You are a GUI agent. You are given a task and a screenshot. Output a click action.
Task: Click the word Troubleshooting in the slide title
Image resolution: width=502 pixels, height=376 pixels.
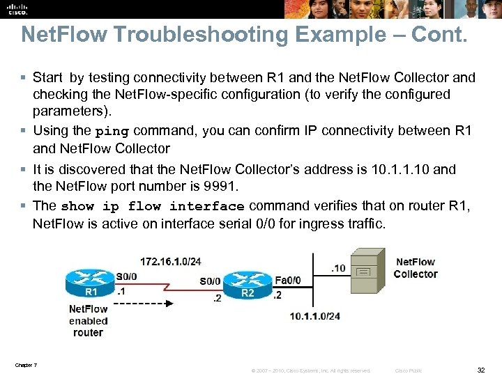[172, 34]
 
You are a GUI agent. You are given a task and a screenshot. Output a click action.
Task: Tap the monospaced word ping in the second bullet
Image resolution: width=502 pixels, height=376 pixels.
[112, 132]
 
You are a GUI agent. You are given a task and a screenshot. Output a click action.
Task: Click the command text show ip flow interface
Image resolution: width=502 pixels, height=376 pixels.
[153, 207]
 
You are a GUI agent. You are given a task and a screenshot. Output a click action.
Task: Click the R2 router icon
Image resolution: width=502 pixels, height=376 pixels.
[248, 285]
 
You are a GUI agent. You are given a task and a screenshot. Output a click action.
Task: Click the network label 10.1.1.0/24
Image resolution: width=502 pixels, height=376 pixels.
[315, 316]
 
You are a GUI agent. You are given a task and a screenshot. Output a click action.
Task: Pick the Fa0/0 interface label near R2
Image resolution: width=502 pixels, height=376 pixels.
[288, 280]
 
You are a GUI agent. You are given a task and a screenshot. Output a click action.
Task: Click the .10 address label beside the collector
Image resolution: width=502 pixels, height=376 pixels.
[337, 268]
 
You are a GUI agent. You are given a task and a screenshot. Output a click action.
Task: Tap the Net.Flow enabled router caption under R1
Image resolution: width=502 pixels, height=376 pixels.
[88, 321]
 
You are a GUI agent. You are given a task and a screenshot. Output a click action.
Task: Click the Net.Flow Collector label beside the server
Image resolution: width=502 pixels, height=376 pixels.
[415, 268]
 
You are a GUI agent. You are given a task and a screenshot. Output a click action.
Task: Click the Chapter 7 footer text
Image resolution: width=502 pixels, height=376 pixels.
[25, 365]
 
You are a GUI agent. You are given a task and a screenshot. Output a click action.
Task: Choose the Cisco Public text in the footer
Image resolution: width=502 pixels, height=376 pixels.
[408, 370]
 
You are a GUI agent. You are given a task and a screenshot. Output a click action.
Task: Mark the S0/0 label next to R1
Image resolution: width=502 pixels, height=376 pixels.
[126, 276]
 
